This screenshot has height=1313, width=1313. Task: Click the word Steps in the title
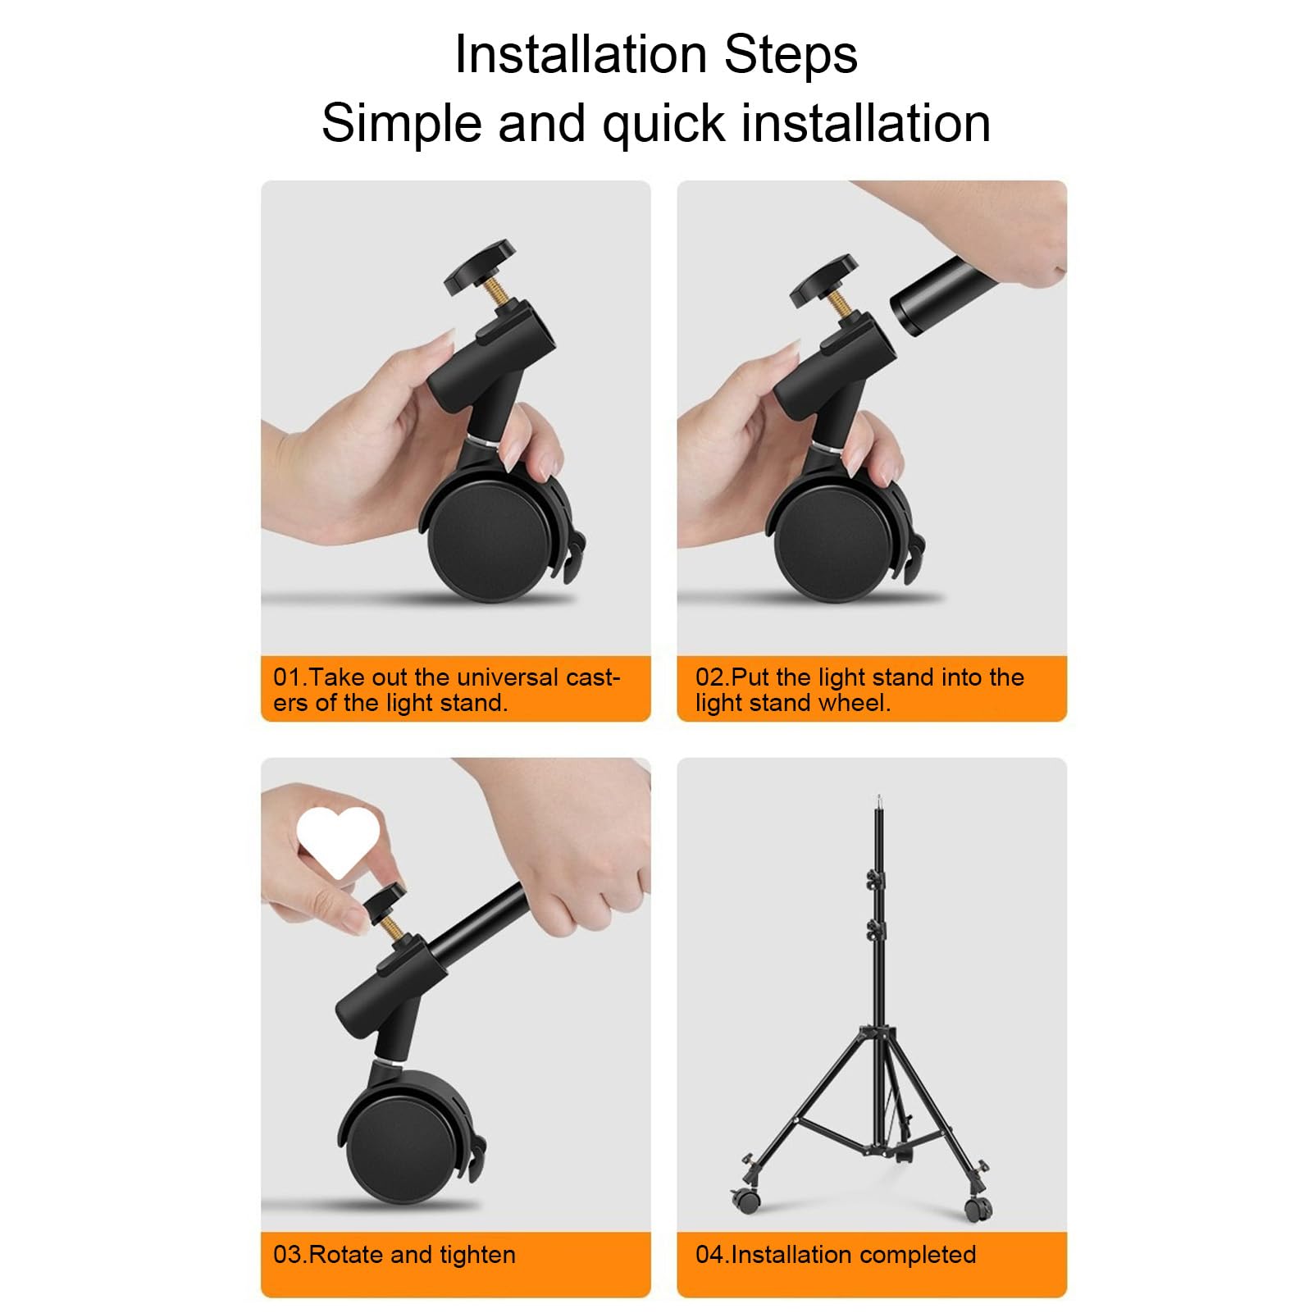coord(790,55)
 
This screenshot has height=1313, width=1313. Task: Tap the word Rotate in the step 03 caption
coord(347,1255)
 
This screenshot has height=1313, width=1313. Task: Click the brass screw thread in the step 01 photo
coord(496,292)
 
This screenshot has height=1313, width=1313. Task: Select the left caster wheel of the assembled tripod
coord(746,1201)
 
